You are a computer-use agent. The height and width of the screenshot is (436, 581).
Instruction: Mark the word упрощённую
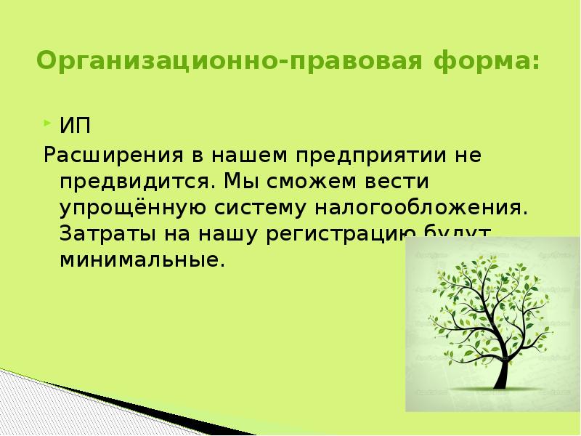pyautogui.click(x=134, y=208)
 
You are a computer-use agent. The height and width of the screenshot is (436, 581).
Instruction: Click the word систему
pyautogui.click(x=259, y=208)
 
